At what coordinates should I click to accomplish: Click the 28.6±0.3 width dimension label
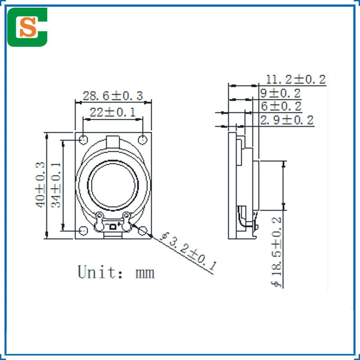click(x=113, y=96)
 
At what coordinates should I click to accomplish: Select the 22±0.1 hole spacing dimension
click(x=112, y=112)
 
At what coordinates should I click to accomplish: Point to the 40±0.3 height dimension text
click(x=40, y=185)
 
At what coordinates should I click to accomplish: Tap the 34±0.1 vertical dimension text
click(x=56, y=185)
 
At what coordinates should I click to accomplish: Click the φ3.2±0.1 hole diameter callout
click(x=188, y=252)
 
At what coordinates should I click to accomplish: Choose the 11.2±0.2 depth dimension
click(x=296, y=80)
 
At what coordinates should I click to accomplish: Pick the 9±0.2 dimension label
click(x=280, y=94)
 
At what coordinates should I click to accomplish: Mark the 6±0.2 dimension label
click(x=281, y=106)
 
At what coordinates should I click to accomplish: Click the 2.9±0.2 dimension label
click(x=287, y=120)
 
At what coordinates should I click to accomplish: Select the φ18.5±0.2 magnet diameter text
click(x=276, y=252)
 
